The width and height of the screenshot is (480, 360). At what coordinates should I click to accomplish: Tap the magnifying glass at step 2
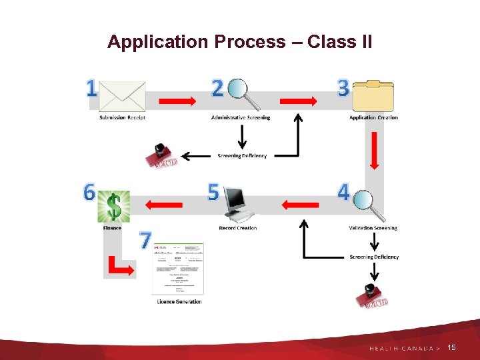coord(242,94)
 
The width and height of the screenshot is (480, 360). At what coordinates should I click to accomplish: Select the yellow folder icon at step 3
coord(373,95)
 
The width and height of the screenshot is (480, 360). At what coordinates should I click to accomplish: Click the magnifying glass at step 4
coord(369,204)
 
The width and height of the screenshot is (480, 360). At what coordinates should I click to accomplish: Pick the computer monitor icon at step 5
coord(238,204)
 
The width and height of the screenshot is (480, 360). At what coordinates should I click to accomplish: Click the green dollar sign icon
coord(113,206)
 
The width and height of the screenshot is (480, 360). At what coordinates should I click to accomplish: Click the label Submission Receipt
coord(122,118)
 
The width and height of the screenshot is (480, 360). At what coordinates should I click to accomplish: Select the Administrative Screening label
coord(241,118)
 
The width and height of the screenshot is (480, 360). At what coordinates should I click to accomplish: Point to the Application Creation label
coord(373,118)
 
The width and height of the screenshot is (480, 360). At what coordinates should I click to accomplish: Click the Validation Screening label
coord(373,228)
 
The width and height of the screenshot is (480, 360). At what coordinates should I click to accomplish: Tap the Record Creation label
coord(238,228)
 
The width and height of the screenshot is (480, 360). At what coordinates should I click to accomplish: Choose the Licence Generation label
coord(179,302)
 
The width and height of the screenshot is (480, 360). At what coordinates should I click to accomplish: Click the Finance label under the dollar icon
coord(112,228)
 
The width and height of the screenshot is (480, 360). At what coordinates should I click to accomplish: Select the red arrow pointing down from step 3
coord(374,150)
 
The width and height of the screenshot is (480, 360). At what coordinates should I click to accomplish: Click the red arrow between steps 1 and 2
coord(177,101)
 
